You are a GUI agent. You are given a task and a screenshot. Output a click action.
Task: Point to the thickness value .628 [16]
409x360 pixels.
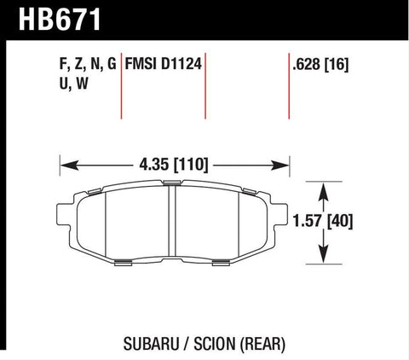[320, 63]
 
